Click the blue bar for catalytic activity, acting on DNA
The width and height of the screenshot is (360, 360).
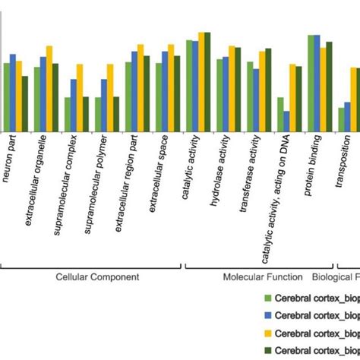tap(286, 122)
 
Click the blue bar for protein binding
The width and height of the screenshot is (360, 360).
tap(317, 84)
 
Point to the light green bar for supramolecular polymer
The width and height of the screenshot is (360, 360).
tap(98, 115)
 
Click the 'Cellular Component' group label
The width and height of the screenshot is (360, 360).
tap(97, 277)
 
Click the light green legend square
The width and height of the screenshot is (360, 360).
tap(267, 298)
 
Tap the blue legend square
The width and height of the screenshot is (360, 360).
tap(267, 316)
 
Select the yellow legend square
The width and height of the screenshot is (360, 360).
tap(267, 333)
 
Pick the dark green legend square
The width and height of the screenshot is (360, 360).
tap(267, 351)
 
